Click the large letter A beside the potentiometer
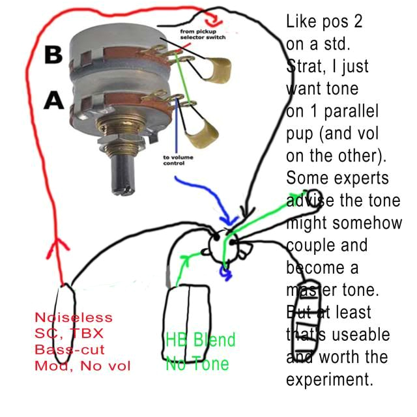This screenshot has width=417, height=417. pyautogui.click(x=53, y=100)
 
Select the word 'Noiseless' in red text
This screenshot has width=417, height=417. pyautogui.click(x=68, y=319)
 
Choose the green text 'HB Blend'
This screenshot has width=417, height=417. pyautogui.click(x=200, y=341)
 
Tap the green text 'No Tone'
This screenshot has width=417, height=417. pyautogui.click(x=197, y=363)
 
